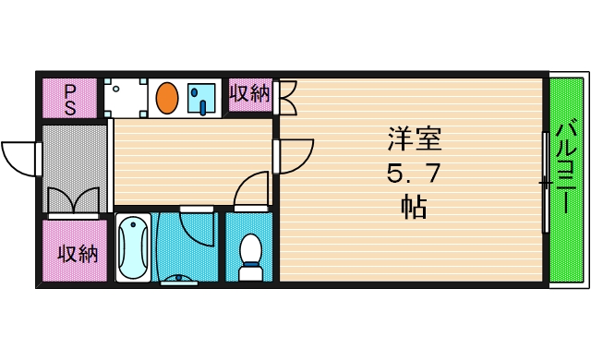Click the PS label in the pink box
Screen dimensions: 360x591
coord(69,98)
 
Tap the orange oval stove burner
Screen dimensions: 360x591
coord(167,97)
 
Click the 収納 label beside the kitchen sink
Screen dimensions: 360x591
coord(249,94)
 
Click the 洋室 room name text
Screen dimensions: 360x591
coord(414,139)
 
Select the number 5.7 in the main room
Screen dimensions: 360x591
coord(413,173)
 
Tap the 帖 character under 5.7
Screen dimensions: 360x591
coord(413,206)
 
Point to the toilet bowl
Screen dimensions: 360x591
coord(250,253)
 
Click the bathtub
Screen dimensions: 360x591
coord(133,247)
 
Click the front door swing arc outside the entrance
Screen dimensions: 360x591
coord(18,157)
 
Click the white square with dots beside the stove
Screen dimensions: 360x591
coord(127,98)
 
